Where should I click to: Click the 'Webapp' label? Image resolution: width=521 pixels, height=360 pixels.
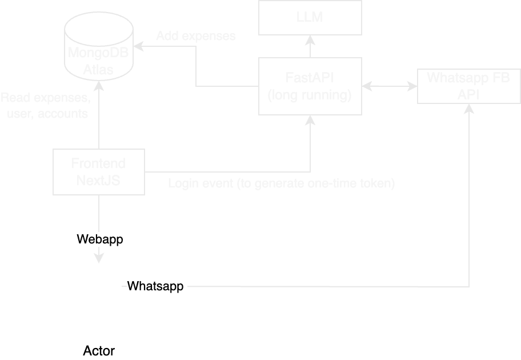99,240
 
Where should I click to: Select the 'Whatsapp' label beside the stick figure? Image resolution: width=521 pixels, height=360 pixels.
156,286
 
